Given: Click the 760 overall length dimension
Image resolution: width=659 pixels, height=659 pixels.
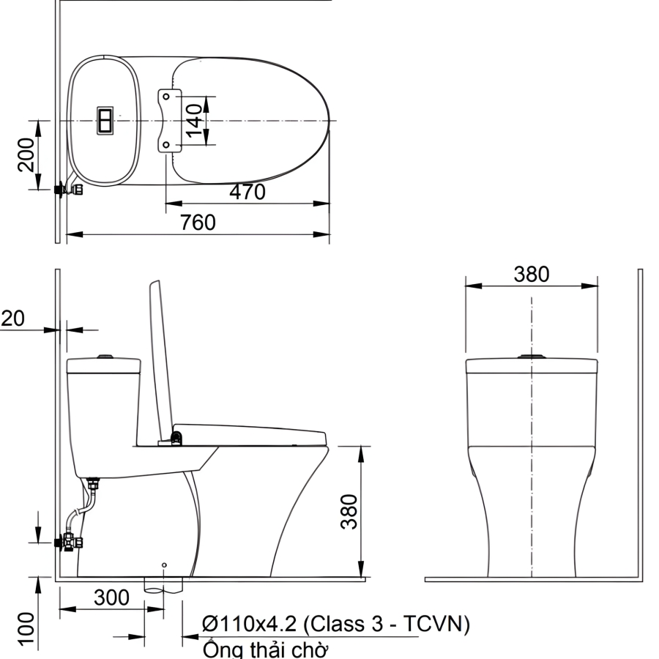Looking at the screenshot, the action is [198, 223].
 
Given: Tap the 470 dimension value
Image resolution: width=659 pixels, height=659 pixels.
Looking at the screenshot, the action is [247, 192].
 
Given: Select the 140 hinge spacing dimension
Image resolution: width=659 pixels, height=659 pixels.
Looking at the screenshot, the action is [194, 121].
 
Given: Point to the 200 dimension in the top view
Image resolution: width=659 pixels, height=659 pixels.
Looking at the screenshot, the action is [26, 154].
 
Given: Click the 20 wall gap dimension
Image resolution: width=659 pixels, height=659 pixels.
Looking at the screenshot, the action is [12, 319].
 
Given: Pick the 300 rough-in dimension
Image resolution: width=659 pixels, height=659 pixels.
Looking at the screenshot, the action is [111, 597].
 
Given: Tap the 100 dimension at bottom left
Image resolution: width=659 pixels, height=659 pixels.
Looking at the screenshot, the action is [26, 629].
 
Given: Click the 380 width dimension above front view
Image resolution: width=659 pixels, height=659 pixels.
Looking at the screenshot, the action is [532, 275].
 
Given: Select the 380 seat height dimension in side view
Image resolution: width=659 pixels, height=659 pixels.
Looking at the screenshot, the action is [349, 512].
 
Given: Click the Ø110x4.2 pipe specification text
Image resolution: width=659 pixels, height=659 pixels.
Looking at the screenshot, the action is [336, 624].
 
